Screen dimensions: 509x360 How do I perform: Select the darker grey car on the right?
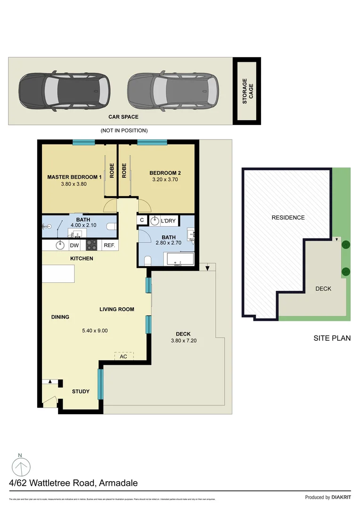coord(173,91)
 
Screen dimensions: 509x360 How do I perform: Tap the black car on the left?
coord(64,91)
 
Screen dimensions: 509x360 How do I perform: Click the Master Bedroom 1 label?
coord(74,177)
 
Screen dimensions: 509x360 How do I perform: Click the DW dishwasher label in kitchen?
coord(74,245)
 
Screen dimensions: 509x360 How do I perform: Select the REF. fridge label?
coord(109,245)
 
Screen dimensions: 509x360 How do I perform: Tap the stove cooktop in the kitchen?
coord(91,245)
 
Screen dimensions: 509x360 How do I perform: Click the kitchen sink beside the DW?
coord(60,245)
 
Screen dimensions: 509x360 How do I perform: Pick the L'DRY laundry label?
coord(169,220)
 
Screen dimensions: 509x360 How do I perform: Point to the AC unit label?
coord(123,357)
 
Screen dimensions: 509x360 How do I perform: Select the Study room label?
coord(81,392)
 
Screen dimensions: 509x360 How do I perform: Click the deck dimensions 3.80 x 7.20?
coord(183,340)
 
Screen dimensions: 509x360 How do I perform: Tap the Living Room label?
coord(117,310)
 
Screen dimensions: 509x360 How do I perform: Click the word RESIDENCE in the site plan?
coord(288,218)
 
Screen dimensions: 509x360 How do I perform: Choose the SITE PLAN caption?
coord(332,338)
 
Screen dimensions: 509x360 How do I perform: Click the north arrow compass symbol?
coord(20,467)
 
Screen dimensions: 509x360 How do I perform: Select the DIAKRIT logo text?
coord(341,497)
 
